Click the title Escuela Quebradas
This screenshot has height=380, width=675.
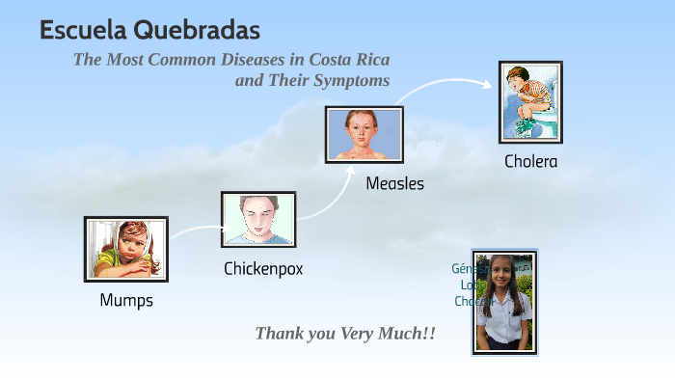149,31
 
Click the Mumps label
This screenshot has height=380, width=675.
126,300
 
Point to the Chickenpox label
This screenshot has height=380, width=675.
263,269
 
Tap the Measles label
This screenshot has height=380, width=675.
394,183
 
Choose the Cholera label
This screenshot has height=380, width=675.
530,161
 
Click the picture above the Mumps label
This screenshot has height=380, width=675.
125,249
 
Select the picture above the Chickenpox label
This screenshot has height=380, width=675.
258,219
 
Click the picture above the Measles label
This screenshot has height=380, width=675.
364,134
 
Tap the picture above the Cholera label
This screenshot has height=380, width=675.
530,101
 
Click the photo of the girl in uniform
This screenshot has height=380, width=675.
503,302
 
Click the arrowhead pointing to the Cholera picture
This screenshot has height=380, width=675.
488,83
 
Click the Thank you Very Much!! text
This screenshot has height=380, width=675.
345,334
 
